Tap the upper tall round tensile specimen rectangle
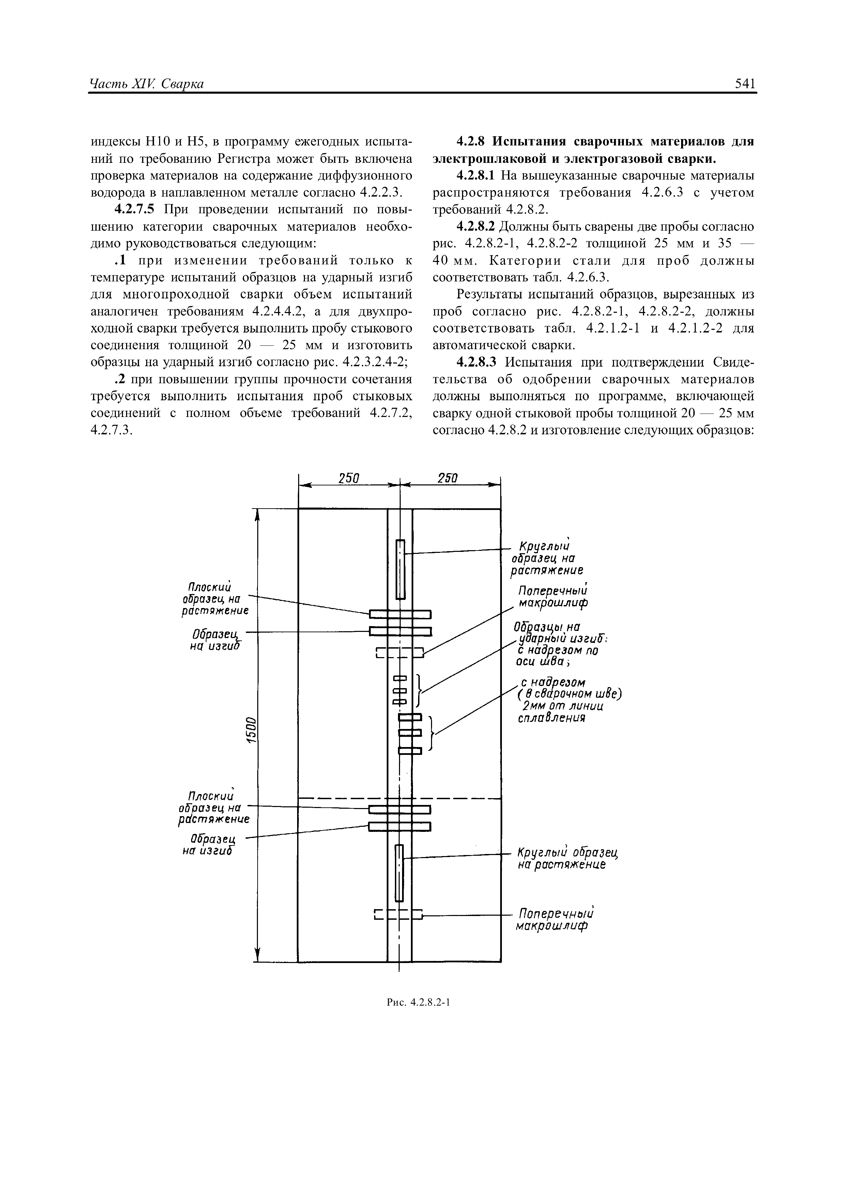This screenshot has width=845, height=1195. [x=400, y=569]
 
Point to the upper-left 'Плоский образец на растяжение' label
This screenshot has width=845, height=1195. [x=215, y=598]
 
